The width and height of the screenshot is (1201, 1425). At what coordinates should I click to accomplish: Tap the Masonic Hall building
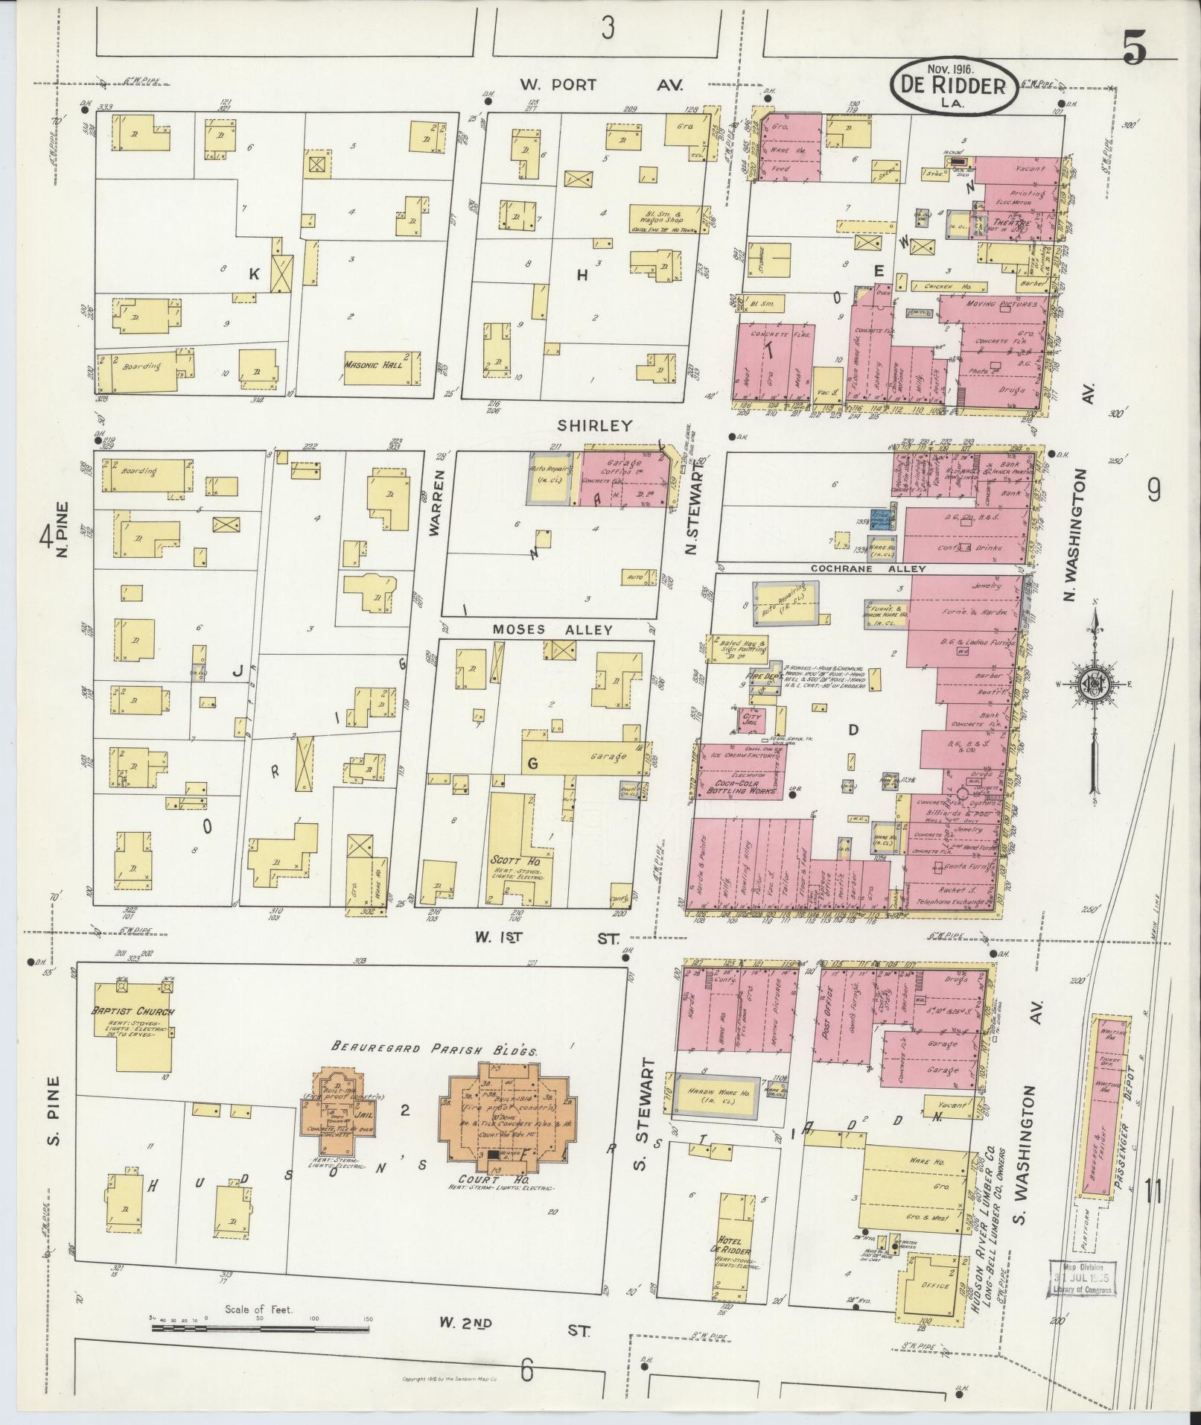coord(379,366)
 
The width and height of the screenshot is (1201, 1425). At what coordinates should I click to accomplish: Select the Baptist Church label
coord(133,1012)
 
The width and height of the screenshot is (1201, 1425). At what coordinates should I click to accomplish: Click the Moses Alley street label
coord(552,629)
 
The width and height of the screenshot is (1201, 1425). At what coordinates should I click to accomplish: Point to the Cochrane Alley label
coord(868,568)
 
